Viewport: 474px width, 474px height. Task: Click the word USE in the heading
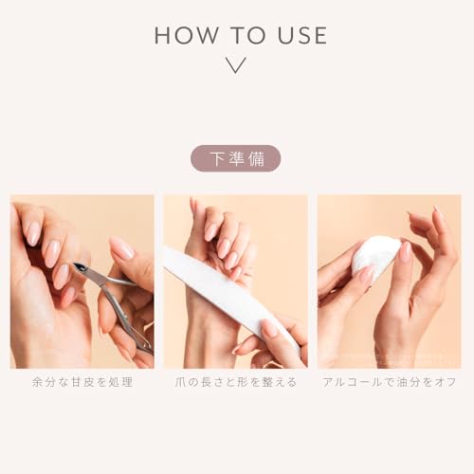298,36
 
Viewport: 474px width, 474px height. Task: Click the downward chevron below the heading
237,65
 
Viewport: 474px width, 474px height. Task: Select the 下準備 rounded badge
236,158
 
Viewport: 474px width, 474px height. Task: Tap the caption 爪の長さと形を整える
236,382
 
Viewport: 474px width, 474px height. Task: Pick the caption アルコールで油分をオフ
390,382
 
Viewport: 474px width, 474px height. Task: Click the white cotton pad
375,256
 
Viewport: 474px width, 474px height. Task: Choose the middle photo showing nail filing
236,282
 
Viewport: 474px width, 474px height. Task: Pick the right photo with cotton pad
390,282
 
